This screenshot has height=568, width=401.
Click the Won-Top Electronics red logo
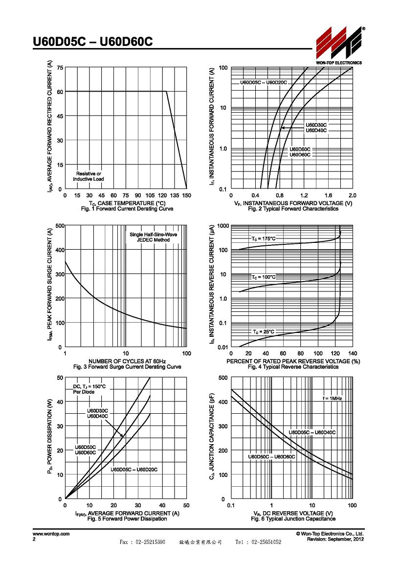point(339,43)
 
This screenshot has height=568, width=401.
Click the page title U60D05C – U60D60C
point(92,42)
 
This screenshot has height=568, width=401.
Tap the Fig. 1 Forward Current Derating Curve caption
point(127,209)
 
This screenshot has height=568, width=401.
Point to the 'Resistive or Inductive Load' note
point(89,176)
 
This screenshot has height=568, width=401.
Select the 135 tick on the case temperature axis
point(175,195)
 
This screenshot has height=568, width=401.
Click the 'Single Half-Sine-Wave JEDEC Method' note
point(154,237)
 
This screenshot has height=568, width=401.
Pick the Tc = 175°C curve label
point(264,239)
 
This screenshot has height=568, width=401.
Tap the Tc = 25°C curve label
point(264,332)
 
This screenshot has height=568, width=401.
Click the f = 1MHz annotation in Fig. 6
point(332,399)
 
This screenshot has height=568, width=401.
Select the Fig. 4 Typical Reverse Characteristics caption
point(293,367)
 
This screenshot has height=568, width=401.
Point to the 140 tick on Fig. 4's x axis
point(353,354)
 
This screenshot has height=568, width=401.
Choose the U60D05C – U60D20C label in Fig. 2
point(264,83)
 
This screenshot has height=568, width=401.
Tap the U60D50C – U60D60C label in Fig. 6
point(271,457)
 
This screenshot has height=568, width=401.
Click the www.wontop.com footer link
point(51,534)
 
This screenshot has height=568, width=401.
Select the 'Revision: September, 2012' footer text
point(335,540)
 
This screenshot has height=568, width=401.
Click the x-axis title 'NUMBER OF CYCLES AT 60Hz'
point(127,361)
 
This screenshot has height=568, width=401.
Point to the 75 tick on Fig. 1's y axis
point(60,68)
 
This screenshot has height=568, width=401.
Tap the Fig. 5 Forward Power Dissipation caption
point(127,519)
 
